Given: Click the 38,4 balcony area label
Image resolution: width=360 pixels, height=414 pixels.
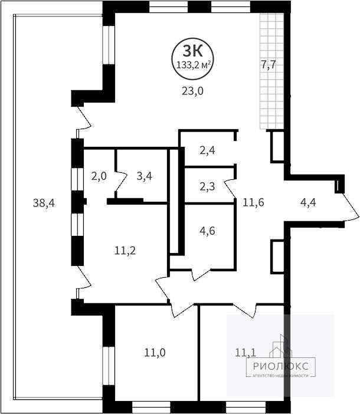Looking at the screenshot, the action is [44, 203].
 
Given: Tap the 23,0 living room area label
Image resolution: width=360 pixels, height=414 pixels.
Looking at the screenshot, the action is [193, 91].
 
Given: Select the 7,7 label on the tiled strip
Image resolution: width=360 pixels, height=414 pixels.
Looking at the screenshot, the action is [269, 64].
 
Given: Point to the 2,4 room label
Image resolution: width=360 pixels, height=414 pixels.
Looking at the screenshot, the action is [208, 150].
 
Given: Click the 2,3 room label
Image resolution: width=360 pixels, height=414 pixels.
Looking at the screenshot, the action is [208, 186].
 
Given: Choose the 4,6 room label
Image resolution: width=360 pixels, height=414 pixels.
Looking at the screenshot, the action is [208, 231].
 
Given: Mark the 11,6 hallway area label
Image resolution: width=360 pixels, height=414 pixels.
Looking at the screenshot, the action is [254, 202].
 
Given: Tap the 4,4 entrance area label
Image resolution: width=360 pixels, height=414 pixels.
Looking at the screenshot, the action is [308, 202].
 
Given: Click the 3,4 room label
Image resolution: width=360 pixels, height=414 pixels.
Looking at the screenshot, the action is [144, 176].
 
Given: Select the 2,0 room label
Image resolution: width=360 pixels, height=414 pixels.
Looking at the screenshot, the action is [99, 176].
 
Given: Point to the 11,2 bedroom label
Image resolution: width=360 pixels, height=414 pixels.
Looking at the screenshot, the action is [125, 250].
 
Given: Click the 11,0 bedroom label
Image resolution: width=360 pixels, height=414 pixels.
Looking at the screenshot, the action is [155, 352].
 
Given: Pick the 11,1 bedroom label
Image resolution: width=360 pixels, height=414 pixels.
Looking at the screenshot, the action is [246, 352].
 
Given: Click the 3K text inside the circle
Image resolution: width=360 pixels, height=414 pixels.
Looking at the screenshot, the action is [193, 51].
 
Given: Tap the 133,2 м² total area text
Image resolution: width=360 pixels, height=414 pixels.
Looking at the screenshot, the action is [194, 65].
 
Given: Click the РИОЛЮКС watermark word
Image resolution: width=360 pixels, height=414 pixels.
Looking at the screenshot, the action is [281, 366].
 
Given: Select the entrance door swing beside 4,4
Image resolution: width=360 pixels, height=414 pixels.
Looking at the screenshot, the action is [351, 207].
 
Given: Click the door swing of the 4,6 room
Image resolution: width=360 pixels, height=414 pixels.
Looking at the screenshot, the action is [201, 274].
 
